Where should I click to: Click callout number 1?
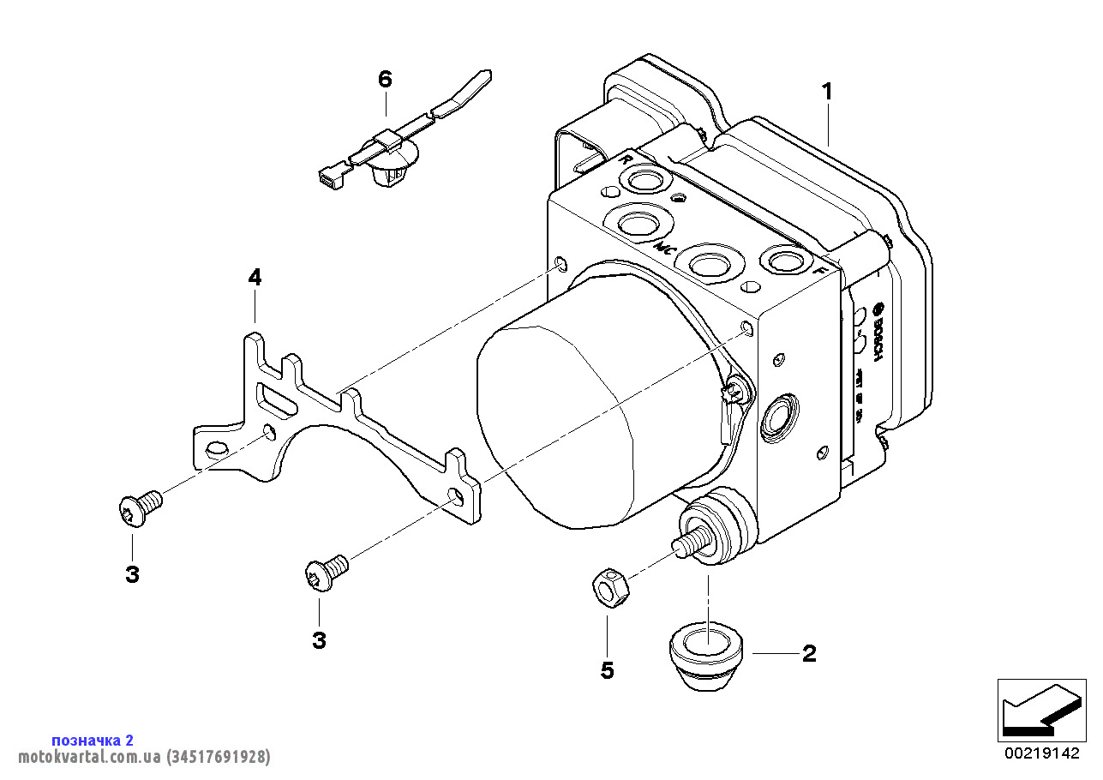pos(827,91)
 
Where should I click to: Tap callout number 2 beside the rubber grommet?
pos(808,654)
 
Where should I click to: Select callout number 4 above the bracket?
pos(255,278)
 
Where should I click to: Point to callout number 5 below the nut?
pos(607,669)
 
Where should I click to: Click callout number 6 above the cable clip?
pos(385,80)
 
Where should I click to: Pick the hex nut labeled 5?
pos(610,589)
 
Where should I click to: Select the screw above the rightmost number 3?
pos(327,571)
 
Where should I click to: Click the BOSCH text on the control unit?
pos(877,331)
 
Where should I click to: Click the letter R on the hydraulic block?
pos(626,160)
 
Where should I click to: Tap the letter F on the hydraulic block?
pos(818,271)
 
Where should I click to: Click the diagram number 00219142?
pos(1041,753)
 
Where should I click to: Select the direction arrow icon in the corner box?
pos(1040,710)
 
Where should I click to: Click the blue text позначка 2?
pos(93,740)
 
